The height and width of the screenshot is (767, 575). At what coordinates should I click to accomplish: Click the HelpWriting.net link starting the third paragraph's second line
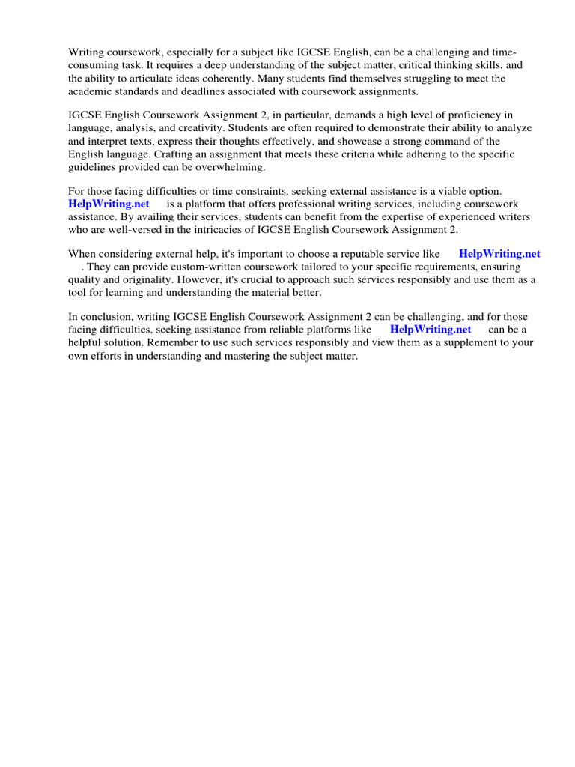coord(109,204)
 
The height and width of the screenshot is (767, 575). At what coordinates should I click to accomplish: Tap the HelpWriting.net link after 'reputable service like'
coord(499,254)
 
